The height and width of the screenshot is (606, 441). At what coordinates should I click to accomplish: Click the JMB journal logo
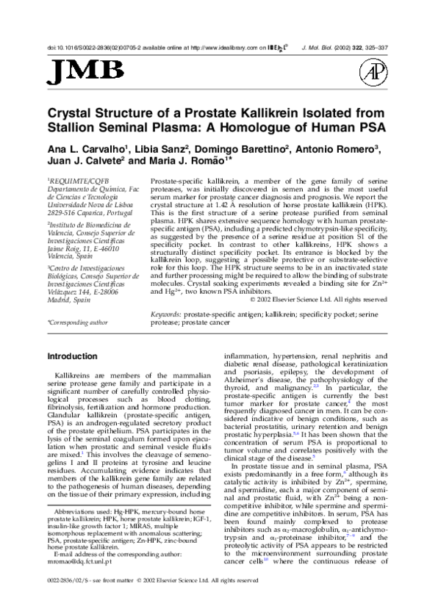click(x=75, y=71)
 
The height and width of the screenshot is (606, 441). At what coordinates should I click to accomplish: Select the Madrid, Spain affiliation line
click(x=71, y=300)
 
